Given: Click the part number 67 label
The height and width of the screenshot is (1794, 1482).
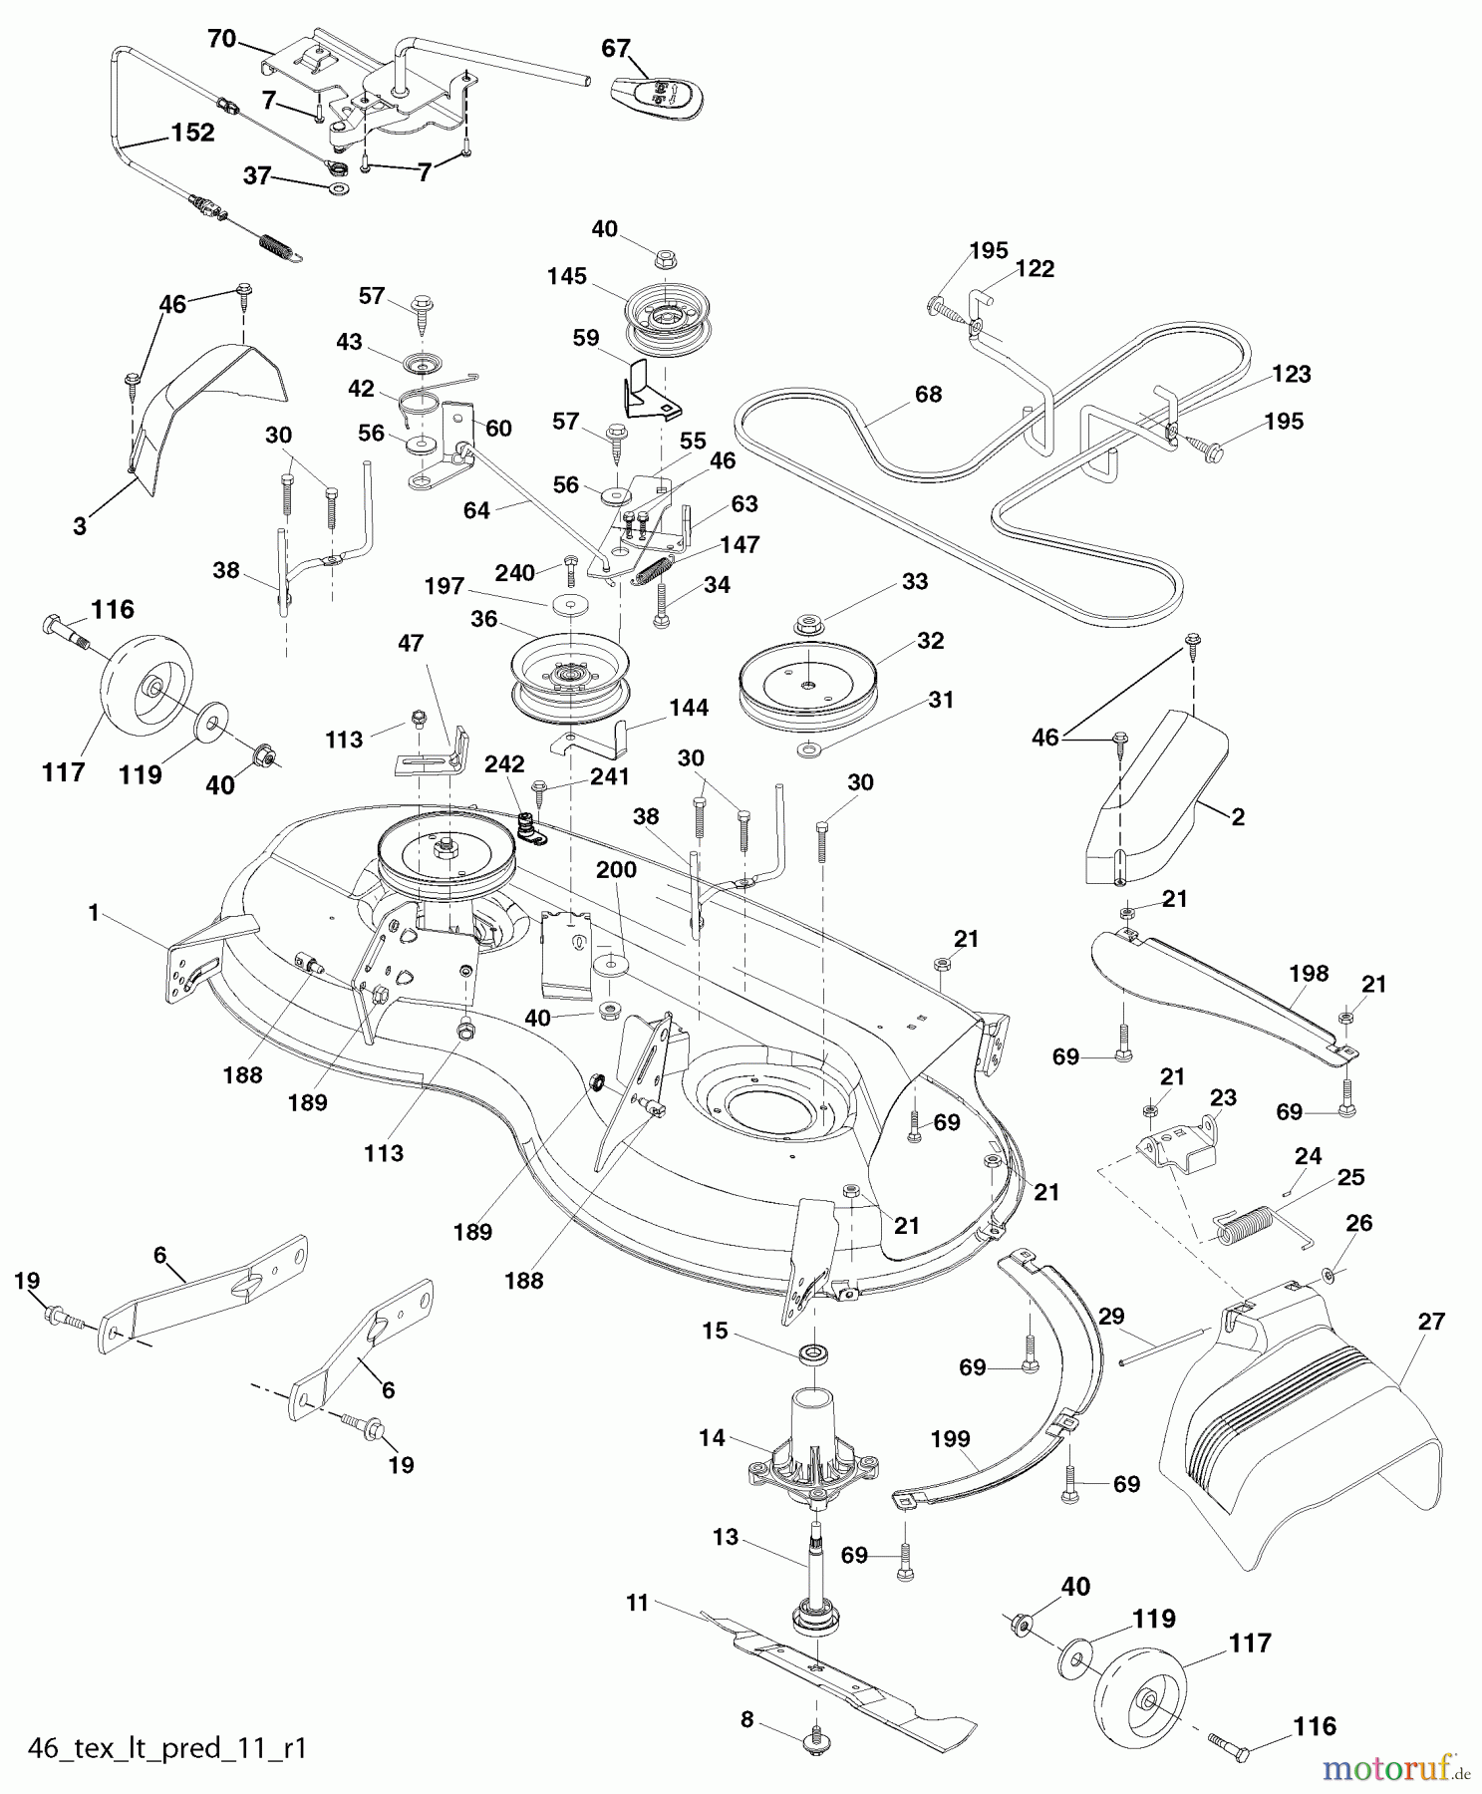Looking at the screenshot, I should point(616,48).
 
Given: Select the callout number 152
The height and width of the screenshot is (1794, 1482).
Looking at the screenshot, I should point(193,133).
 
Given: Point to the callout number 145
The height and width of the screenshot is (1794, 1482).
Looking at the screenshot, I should point(566,276).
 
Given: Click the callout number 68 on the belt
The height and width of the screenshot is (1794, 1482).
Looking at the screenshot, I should point(928,394).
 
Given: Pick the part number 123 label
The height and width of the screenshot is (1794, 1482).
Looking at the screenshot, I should point(1291,374).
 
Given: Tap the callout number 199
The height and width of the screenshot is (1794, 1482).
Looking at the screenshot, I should point(950,1439).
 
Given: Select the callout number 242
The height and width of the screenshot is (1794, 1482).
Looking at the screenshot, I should point(504,764).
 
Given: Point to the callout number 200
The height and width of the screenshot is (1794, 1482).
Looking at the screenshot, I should point(616,869).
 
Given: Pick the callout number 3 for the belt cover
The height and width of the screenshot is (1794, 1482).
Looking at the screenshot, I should point(80,526).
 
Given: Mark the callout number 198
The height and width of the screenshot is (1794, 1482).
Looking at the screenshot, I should point(1309,973).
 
